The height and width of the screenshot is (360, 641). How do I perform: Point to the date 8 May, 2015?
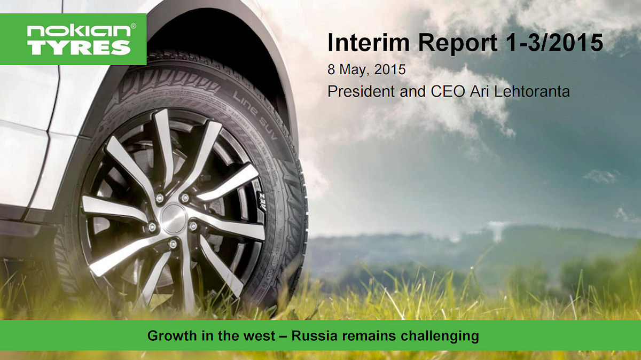click(x=366, y=69)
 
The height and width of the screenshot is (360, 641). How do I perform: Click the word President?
click(x=362, y=91)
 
